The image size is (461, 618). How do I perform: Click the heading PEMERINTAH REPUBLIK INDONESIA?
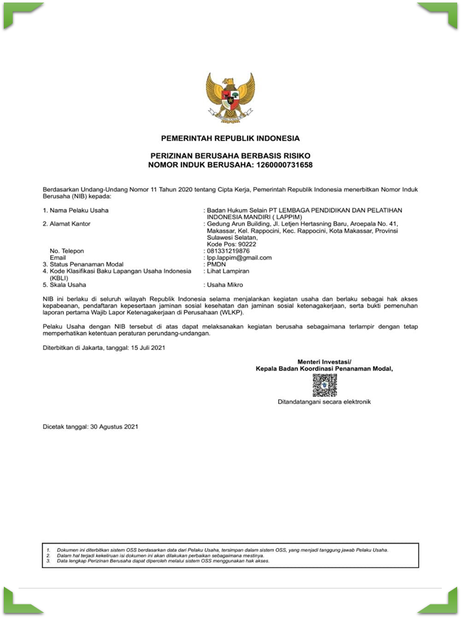pyautogui.click(x=230, y=138)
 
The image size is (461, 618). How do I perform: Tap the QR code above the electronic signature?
pyautogui.click(x=324, y=385)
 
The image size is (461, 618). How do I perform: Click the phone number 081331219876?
pyautogui.click(x=228, y=251)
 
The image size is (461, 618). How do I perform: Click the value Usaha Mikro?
pyautogui.click(x=224, y=285)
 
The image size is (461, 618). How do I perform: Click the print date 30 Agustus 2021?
pyautogui.click(x=115, y=426)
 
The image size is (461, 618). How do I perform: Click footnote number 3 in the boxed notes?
pyautogui.click(x=49, y=561)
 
